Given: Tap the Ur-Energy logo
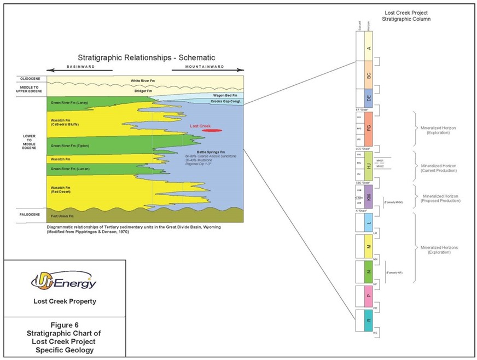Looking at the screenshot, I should [65, 282].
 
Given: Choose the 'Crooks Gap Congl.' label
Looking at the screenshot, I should [223, 102].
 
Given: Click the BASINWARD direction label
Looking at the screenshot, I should [79, 68].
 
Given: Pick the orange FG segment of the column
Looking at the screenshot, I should [369, 128].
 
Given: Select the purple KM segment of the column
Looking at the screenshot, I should [369, 196].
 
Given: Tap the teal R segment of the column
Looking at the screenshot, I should [369, 320].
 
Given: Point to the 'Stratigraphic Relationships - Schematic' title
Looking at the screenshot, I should [147, 57].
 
